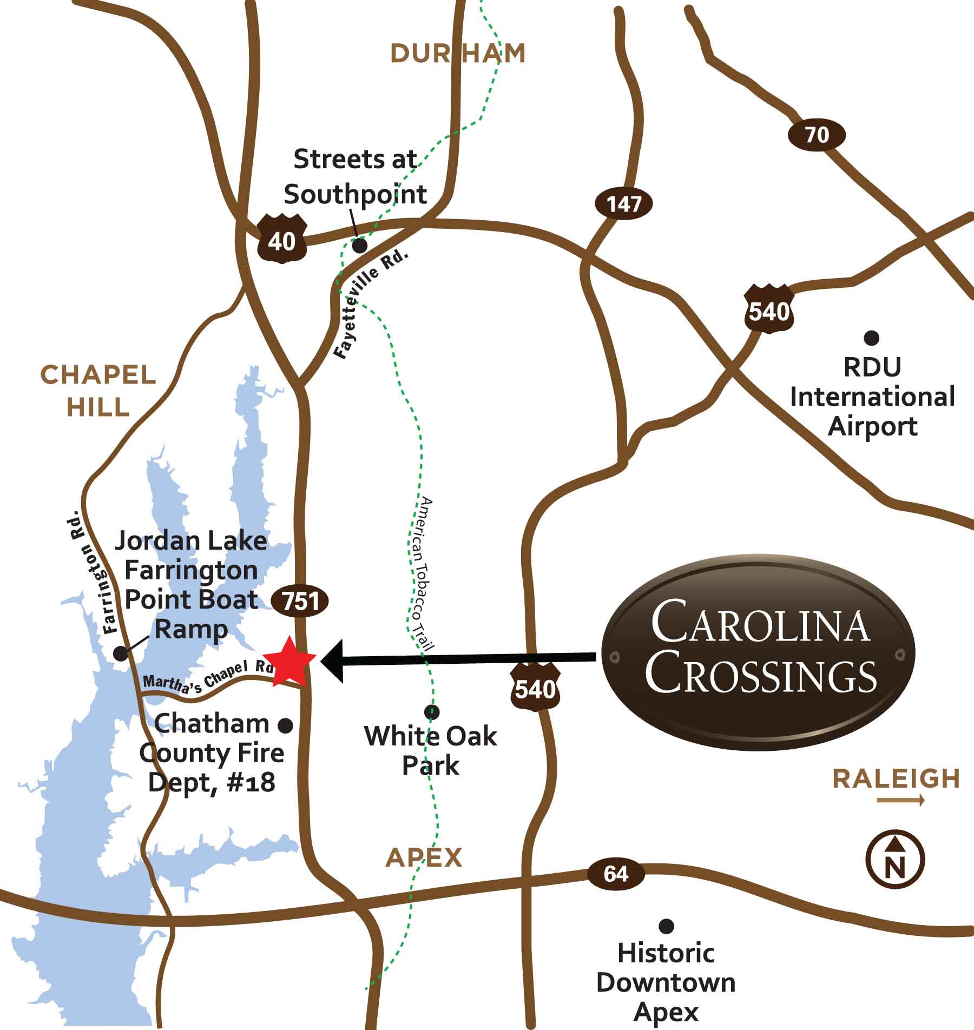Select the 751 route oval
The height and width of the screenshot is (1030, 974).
coord(300,601)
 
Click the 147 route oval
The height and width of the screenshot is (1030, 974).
coord(624,204)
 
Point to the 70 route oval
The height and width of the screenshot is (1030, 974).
coord(816,135)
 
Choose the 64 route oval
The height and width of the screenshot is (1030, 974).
coord(615,874)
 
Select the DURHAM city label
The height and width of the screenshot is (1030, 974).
coord(458,54)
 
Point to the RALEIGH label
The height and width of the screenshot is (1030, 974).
coord(896,778)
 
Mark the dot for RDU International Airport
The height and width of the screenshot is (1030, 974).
coord(871,339)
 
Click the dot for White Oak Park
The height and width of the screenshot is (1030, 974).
coord(432,711)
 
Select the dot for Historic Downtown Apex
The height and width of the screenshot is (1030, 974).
coord(666,927)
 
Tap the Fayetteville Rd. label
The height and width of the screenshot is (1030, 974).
coord(371,305)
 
